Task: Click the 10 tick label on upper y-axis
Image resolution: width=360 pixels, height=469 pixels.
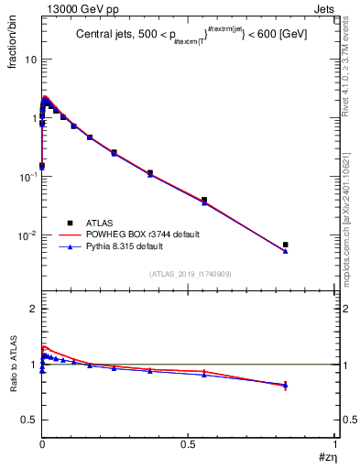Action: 28,59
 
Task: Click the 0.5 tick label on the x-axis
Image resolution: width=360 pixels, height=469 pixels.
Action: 188,443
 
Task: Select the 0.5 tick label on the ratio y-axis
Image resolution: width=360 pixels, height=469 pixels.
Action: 28,420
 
